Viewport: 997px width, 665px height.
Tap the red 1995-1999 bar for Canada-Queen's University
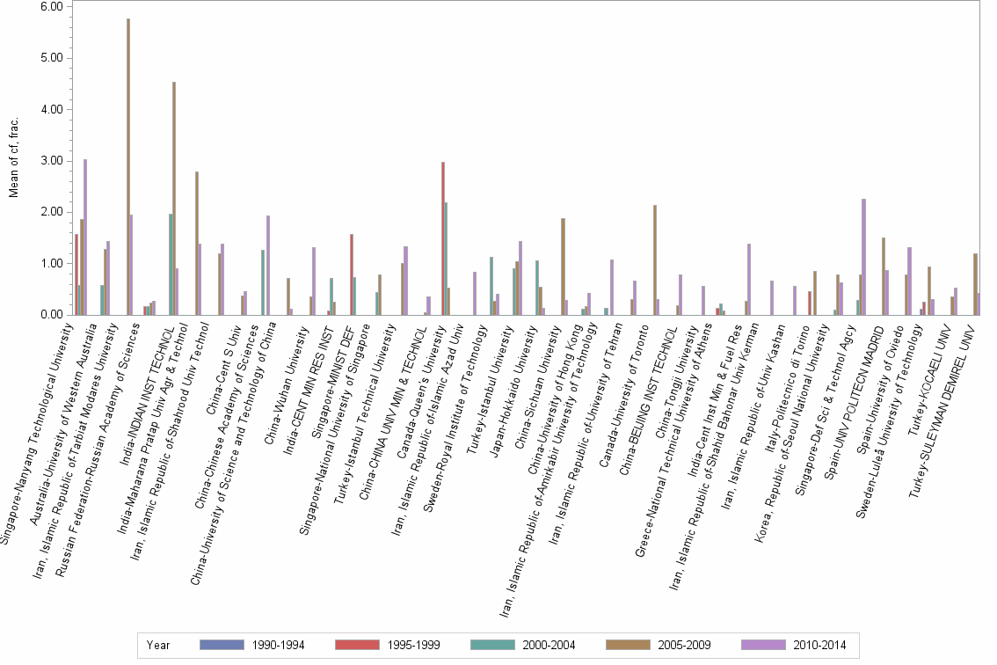click(x=443, y=237)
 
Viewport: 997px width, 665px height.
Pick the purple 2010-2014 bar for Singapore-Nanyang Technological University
click(x=85, y=237)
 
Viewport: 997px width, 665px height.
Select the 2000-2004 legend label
click(x=549, y=645)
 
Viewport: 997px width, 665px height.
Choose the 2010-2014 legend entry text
click(x=819, y=645)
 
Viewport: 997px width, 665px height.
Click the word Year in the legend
click(x=159, y=645)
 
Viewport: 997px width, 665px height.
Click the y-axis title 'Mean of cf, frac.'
click(x=14, y=158)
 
